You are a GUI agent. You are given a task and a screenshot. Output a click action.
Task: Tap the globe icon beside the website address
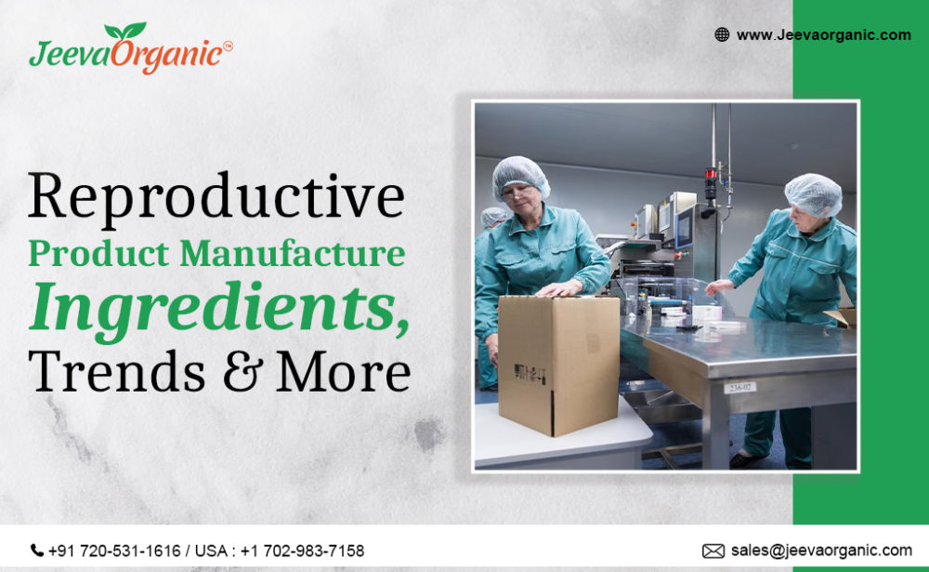click(722, 34)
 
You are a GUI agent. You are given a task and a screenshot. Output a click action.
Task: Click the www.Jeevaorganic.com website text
click(823, 34)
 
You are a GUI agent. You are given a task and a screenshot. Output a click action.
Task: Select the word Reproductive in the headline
click(216, 198)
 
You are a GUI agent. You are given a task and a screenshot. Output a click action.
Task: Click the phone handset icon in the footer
click(37, 551)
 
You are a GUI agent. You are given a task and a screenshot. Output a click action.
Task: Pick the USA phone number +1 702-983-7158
click(302, 551)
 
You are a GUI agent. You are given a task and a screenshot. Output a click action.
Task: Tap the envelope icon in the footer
click(713, 551)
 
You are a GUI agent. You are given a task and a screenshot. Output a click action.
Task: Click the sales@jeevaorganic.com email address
click(821, 551)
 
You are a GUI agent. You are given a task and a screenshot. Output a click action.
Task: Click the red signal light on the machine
click(712, 173)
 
